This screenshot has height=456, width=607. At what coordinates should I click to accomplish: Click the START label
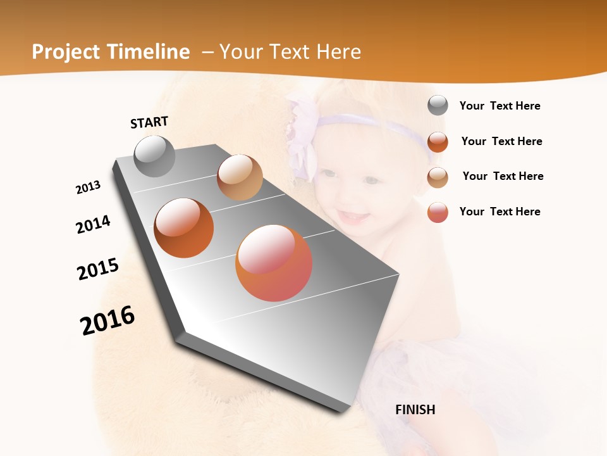[x=149, y=122]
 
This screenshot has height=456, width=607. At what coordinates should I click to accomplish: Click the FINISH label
[x=415, y=410]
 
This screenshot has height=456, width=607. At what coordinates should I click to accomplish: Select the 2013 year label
[x=88, y=187]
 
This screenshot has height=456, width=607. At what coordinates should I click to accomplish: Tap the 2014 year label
[x=93, y=224]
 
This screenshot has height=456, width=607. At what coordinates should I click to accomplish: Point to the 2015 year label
[x=98, y=269]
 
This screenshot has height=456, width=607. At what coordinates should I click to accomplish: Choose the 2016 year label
[x=107, y=320]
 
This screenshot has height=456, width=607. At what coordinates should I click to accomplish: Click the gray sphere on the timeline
[x=154, y=156]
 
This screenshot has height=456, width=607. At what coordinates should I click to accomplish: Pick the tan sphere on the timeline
[x=240, y=177]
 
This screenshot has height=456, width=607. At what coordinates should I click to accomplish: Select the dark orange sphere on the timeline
[x=183, y=228]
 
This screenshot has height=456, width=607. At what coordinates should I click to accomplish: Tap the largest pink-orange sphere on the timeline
[x=274, y=263]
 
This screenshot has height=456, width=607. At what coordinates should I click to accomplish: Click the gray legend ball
[x=438, y=106]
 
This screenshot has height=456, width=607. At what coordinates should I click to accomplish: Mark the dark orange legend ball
[x=438, y=141]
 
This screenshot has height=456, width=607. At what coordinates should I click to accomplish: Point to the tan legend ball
[x=438, y=177]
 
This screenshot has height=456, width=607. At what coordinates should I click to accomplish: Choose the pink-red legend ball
[x=438, y=212]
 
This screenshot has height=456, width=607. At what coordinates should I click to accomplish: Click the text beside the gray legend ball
[x=500, y=106]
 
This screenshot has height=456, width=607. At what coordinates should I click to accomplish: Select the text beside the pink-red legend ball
[x=500, y=212]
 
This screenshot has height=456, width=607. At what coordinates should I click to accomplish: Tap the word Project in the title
[x=66, y=52]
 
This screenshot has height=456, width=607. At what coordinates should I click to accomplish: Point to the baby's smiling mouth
[x=353, y=217]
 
